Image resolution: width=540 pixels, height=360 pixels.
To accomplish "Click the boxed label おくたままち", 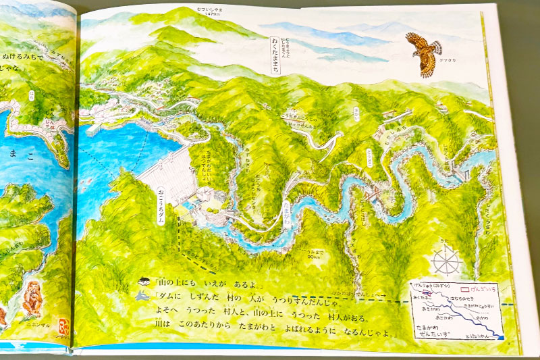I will (x=275, y=50).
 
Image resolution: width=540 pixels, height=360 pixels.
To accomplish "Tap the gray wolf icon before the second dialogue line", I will (x=143, y=296).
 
